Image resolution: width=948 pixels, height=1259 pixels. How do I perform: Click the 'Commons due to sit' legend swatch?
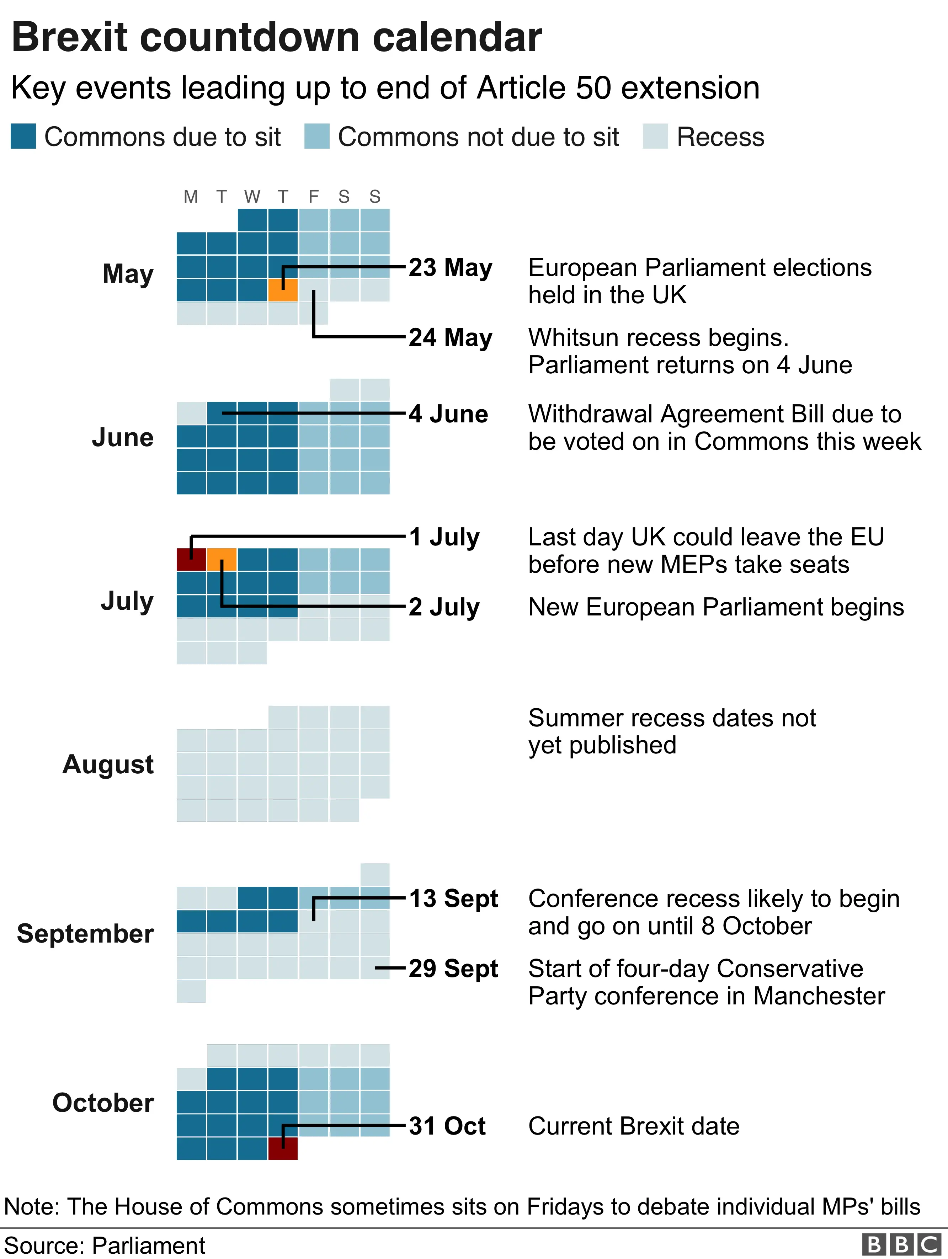point(23,137)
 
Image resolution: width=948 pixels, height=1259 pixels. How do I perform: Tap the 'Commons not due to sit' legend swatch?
point(316,137)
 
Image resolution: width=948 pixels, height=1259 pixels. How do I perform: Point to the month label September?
point(85,933)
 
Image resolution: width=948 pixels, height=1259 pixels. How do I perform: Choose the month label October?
point(103,1103)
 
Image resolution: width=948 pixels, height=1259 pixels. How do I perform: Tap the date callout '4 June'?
point(448,414)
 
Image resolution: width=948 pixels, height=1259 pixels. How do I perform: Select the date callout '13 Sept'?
point(453,899)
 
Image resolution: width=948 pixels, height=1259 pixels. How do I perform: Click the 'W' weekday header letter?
point(252,197)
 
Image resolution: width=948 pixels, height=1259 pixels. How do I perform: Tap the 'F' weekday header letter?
point(313,197)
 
